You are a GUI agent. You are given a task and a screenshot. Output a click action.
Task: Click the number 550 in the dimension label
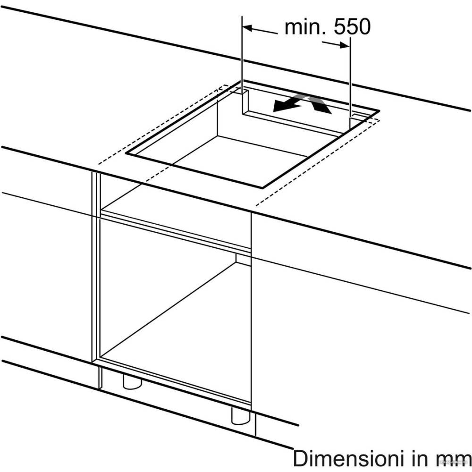click(352, 27)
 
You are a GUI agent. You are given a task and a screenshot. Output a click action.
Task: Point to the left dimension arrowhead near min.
click(247, 28)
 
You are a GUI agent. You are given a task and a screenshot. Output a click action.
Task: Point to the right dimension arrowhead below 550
click(345, 45)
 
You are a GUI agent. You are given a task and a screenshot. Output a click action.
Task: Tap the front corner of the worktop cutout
click(262, 188)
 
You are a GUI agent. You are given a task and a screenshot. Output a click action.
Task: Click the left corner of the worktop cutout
click(126, 153)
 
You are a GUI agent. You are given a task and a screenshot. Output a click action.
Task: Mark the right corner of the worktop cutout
click(379, 111)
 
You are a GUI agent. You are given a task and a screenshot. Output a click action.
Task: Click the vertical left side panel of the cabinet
click(96, 268)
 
